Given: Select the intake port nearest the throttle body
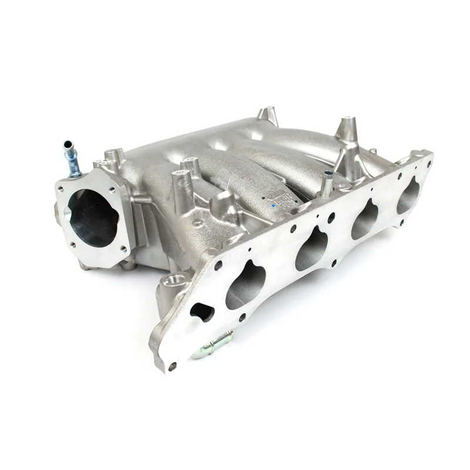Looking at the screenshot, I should [246, 286].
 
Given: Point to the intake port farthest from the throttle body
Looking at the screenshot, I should [408, 195].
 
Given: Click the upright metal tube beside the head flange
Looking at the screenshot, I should [326, 183].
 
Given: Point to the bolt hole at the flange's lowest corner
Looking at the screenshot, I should [172, 366].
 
